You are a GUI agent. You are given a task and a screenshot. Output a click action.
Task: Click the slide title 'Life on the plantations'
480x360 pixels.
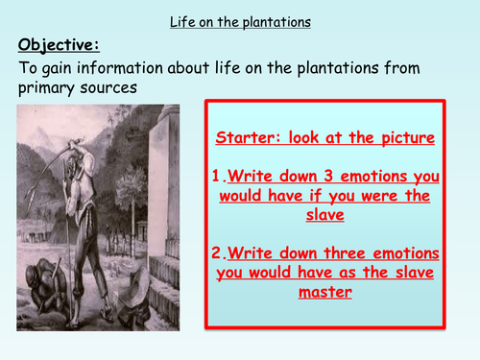point(239,16)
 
